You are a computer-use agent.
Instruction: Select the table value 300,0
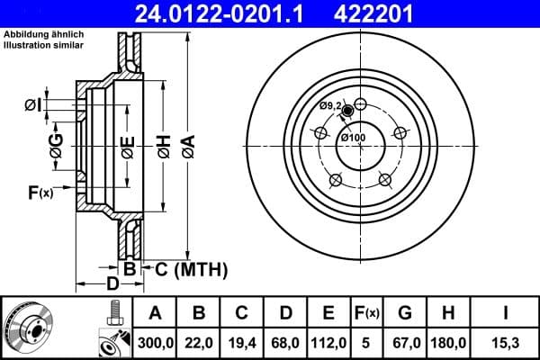(155, 343)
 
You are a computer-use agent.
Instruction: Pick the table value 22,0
(199, 343)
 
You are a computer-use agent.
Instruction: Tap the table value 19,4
(242, 343)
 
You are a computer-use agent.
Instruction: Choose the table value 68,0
(285, 343)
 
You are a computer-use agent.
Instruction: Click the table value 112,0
(329, 343)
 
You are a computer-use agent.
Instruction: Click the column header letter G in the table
(405, 314)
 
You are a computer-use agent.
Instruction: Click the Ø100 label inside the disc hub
(353, 138)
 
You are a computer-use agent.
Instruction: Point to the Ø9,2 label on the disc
(331, 106)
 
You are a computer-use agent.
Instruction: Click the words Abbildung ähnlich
(36, 34)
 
